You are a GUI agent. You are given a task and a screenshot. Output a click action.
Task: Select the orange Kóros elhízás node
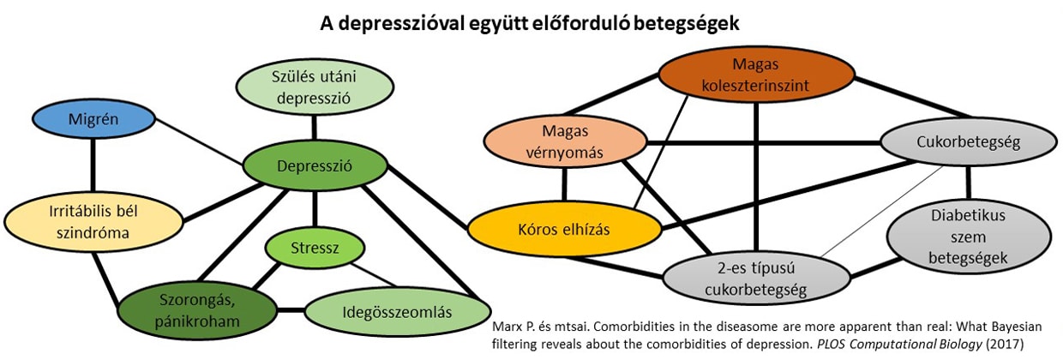(564, 231)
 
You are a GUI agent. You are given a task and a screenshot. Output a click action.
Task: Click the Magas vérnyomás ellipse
(563, 141)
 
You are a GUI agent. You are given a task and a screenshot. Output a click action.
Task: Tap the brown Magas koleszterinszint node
(756, 75)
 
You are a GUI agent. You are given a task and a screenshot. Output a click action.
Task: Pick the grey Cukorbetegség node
(967, 143)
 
